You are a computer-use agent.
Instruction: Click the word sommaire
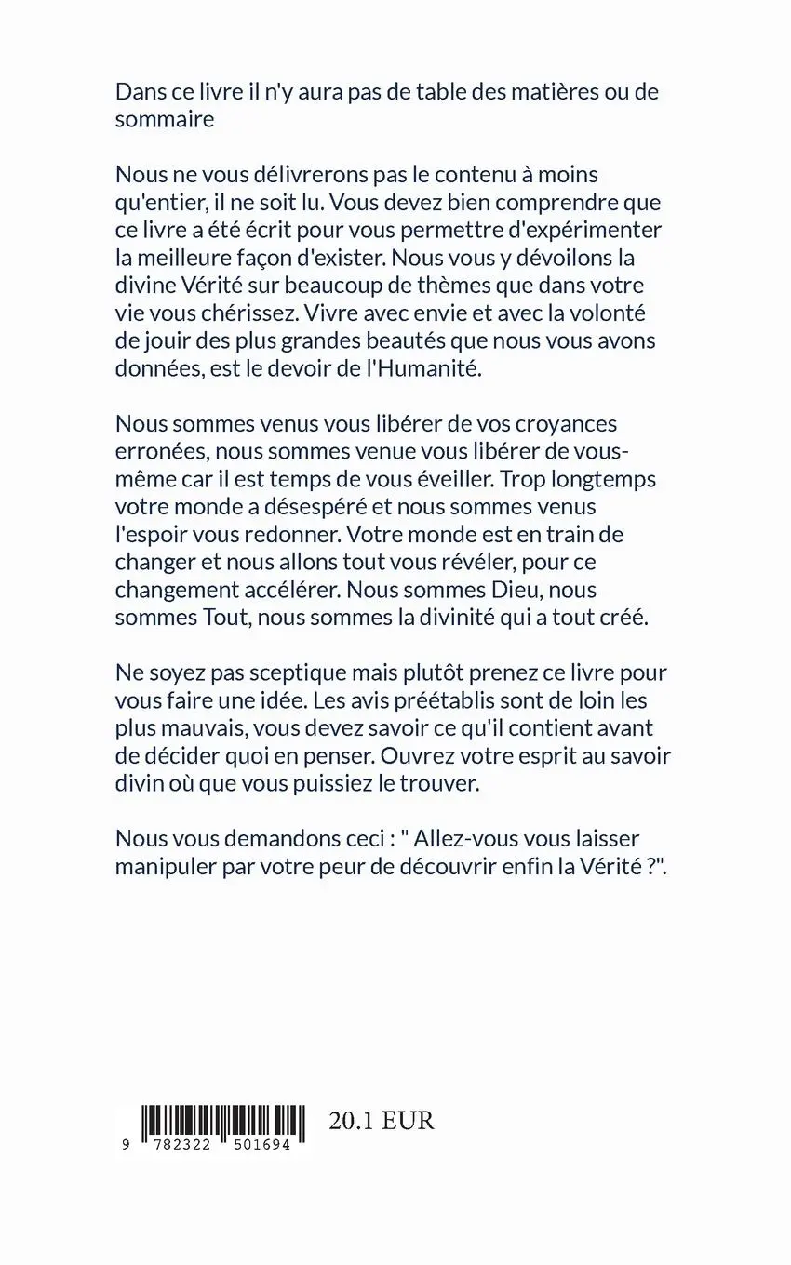[x=165, y=119]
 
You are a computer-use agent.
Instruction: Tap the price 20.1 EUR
[x=382, y=1120]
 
